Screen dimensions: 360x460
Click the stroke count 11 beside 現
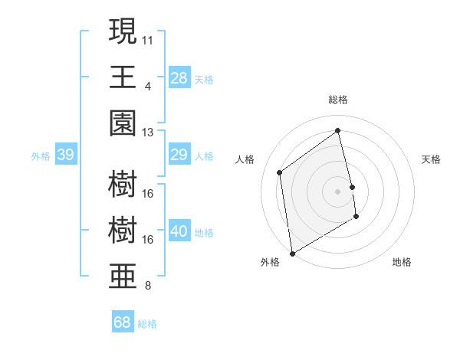pyautogui.click(x=148, y=38)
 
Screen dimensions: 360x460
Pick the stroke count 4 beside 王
pyautogui.click(x=148, y=85)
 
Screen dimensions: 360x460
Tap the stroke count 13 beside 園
pyautogui.click(x=148, y=132)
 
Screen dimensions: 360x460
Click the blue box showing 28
pyautogui.click(x=179, y=77)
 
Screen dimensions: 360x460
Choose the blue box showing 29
pyautogui.click(x=179, y=155)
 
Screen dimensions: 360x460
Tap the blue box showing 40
pyautogui.click(x=179, y=231)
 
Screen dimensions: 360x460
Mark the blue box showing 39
pyautogui.click(x=65, y=155)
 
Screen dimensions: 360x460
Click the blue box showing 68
pyautogui.click(x=123, y=322)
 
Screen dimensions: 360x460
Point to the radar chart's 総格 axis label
pyautogui.click(x=337, y=100)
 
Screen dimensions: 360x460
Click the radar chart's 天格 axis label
pyautogui.click(x=432, y=159)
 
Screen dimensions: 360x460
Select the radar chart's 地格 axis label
pyautogui.click(x=402, y=262)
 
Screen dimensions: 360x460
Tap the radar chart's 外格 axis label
pyautogui.click(x=270, y=262)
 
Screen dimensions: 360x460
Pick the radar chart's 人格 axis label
pyautogui.click(x=245, y=159)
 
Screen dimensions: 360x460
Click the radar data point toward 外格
pyautogui.click(x=292, y=253)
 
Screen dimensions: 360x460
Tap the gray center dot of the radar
pyautogui.click(x=337, y=191)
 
